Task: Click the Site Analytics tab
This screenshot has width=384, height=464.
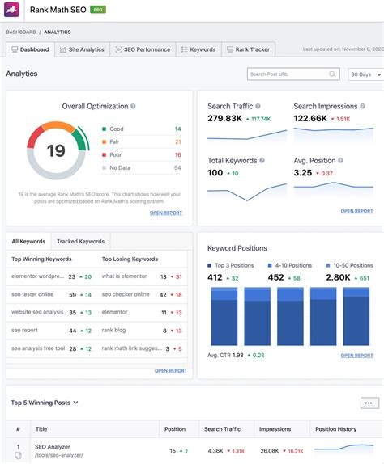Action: point(81,49)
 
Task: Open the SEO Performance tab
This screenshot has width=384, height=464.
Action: point(142,49)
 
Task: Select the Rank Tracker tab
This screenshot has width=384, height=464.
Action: point(249,49)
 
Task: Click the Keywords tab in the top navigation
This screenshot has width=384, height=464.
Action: point(198,49)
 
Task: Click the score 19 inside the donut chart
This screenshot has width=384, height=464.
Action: point(56,151)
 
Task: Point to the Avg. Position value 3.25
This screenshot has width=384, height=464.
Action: point(303,173)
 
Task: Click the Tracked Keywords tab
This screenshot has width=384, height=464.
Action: point(79,241)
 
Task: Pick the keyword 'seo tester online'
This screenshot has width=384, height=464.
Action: point(32,294)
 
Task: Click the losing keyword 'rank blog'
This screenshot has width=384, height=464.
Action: point(115,331)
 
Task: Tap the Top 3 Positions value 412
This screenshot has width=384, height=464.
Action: point(215,277)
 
